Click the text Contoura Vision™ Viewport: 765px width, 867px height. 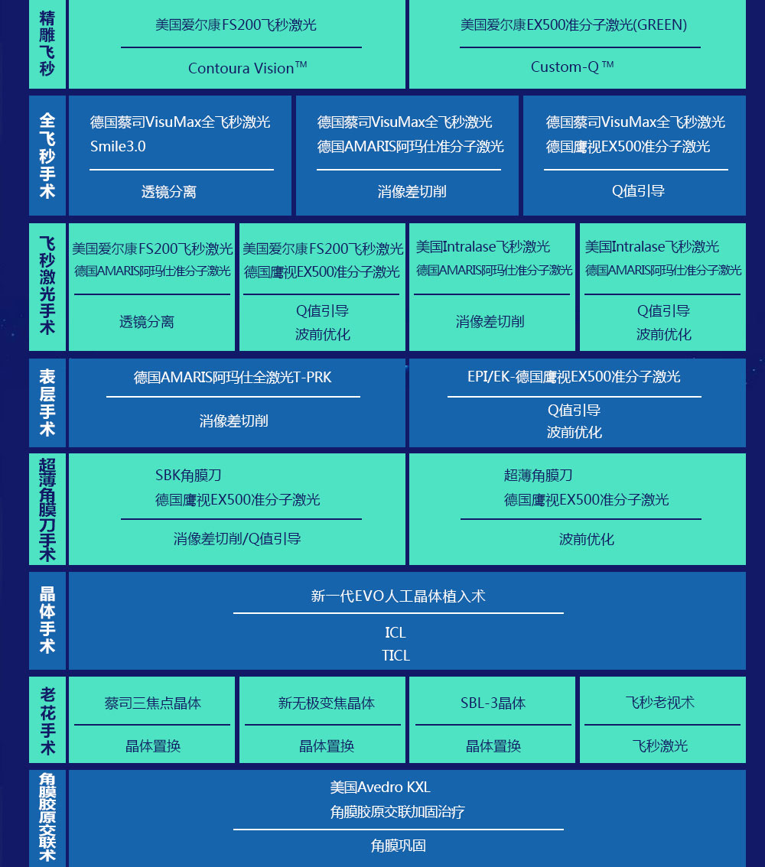pos(247,68)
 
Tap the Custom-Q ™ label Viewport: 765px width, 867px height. pos(572,67)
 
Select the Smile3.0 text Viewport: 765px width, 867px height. pos(118,147)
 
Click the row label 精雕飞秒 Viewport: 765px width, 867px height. pos(47,43)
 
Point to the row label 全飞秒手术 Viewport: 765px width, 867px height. pos(47,155)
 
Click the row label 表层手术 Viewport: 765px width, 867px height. pos(47,402)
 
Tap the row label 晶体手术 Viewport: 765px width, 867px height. pos(47,620)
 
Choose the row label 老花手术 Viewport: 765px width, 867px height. pos(47,721)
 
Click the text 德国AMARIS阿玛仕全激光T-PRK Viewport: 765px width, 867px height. pos(233,378)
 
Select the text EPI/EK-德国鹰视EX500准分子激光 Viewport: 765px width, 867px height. pos(575,377)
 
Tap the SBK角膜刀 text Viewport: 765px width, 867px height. pos(188,475)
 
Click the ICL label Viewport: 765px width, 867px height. pos(396,632)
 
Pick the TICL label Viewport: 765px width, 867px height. pos(396,656)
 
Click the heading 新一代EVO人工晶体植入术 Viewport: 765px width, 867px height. pos(399,596)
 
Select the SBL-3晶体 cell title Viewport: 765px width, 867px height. pos(493,703)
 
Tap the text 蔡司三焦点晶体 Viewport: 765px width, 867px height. pos(153,703)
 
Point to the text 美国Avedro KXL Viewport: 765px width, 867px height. pos(380,787)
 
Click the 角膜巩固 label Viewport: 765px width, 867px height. pos(399,846)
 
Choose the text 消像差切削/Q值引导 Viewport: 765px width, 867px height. pos(236,538)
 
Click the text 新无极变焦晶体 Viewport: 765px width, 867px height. pos(327,703)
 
